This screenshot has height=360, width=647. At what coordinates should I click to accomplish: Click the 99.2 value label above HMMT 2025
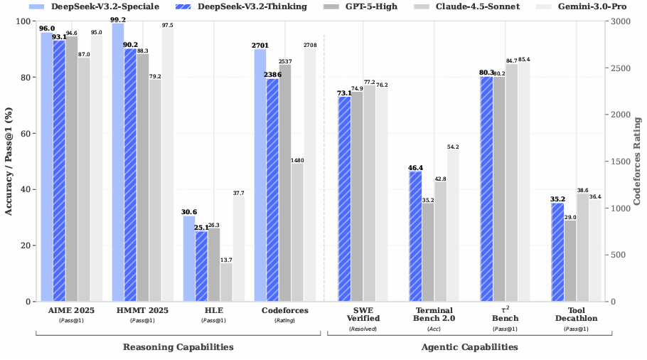118,20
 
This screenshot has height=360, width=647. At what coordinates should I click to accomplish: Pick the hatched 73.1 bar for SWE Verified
344,199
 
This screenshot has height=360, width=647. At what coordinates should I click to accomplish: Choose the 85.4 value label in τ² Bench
524,59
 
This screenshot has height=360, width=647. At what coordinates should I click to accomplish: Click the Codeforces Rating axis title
638,162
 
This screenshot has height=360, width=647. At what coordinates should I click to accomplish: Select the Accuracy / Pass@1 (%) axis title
9,162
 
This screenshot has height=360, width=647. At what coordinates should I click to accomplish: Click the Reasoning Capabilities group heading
178,347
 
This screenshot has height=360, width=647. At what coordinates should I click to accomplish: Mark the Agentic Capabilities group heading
469,347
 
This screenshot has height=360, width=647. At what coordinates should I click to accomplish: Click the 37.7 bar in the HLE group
239,249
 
